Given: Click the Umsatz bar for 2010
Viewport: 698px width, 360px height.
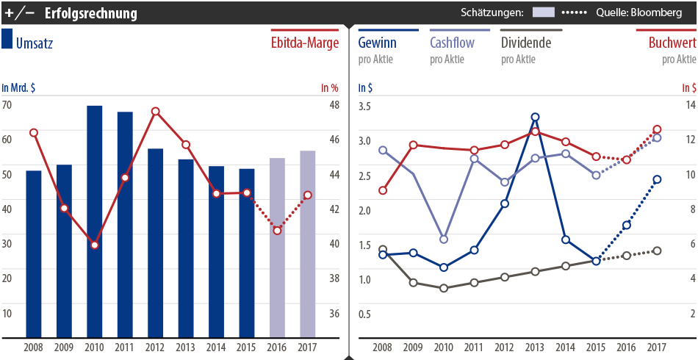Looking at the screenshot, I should click(94, 220).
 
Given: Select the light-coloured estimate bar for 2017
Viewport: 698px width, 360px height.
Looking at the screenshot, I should click(308, 242).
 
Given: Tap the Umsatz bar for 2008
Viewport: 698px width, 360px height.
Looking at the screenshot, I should click(33, 253).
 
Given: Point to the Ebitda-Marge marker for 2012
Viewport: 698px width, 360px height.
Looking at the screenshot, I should click(155, 112).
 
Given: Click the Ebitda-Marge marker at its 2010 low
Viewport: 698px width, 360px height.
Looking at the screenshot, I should click(94, 245).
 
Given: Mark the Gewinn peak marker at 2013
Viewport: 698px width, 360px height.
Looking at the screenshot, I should click(535, 117).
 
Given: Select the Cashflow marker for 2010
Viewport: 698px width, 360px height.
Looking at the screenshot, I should click(444, 240).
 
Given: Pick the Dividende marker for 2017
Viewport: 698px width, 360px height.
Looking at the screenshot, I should click(657, 251).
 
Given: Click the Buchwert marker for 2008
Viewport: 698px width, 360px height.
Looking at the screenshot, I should click(382, 190).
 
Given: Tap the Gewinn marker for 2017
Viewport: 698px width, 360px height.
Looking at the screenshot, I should click(657, 179).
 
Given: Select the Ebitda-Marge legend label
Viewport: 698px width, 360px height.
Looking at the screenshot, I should click(303, 43).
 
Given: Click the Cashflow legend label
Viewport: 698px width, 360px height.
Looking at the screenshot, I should click(452, 43).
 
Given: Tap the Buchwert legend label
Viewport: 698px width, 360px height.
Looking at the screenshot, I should click(672, 43).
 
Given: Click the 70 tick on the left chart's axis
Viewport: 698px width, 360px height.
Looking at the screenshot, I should click(7, 104).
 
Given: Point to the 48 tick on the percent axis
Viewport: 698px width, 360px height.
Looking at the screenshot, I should click(334, 104).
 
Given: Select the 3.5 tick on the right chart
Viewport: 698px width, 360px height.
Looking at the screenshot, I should click(364, 107).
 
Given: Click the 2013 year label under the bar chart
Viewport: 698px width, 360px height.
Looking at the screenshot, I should click(186, 346).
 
